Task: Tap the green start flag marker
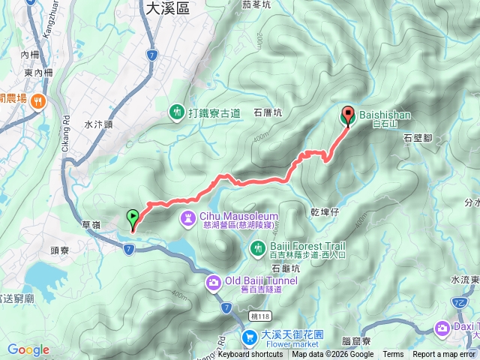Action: click(x=133, y=219)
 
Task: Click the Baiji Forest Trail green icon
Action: click(x=257, y=247)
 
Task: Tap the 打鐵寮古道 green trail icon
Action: click(x=177, y=112)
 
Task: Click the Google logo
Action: click(x=28, y=349)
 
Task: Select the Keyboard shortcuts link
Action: click(x=250, y=354)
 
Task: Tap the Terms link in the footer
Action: click(x=393, y=354)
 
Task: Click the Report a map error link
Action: click(x=444, y=354)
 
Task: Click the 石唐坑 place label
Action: click(x=267, y=113)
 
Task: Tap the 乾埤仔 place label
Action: click(x=325, y=212)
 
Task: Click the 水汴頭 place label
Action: click(x=97, y=125)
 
